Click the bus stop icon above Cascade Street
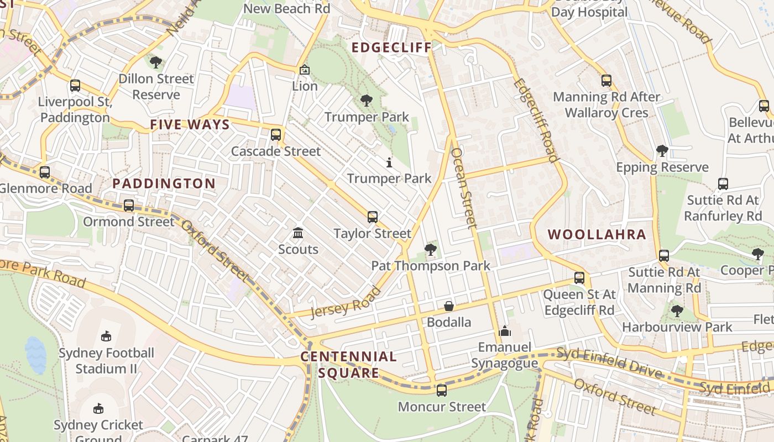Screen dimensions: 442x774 [276, 134]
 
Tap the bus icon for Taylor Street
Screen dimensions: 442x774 [373, 217]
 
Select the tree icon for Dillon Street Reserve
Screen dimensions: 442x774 [156, 62]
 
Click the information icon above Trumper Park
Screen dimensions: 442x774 [389, 162]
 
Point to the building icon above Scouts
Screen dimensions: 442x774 [298, 233]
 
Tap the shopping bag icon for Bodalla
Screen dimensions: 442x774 [449, 306]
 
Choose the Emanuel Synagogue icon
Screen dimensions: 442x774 [504, 331]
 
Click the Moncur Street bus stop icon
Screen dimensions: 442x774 [441, 390]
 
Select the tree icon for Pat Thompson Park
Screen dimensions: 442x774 [430, 250]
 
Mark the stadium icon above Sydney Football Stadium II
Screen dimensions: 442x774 [106, 336]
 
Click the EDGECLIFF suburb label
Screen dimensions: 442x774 [391, 48]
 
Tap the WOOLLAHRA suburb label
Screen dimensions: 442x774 [597, 234]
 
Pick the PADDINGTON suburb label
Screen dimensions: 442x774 [164, 183]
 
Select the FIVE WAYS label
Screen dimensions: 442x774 [190, 125]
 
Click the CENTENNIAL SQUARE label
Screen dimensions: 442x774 [349, 365]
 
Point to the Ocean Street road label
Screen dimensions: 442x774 [463, 188]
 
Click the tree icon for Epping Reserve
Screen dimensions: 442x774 [662, 150]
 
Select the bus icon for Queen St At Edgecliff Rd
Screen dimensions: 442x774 [579, 278]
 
